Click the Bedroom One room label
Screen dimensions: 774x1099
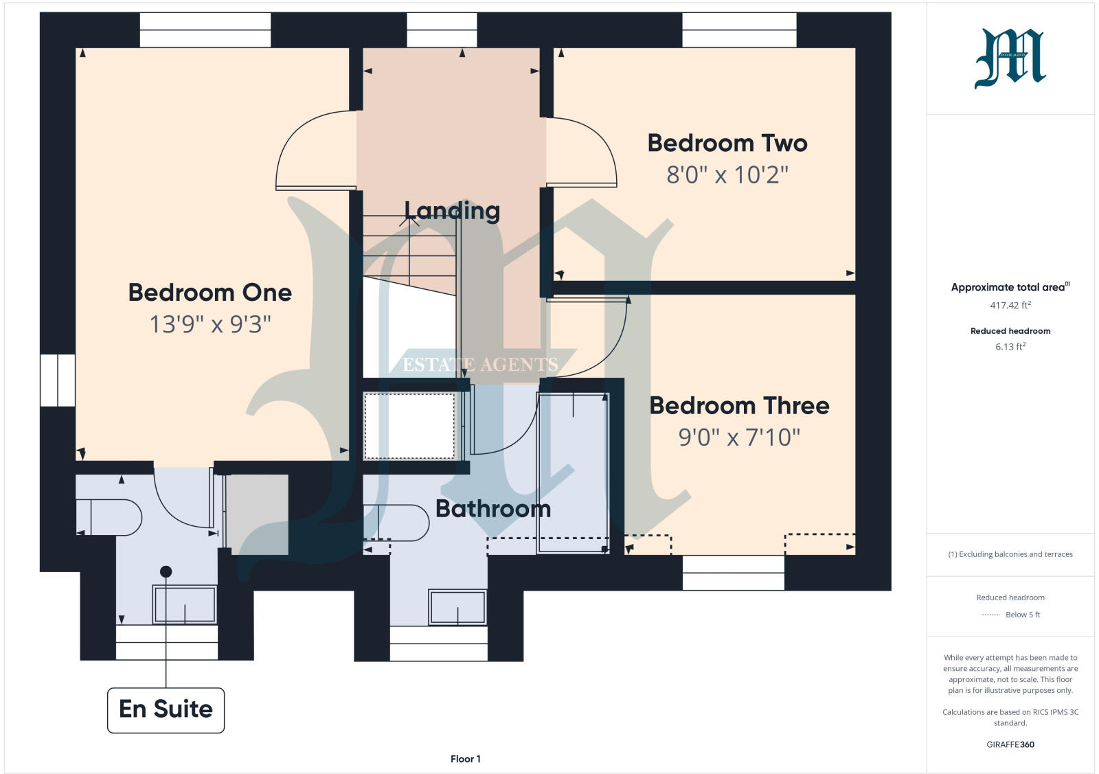pyautogui.click(x=210, y=293)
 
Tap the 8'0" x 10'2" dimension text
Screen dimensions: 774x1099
pyautogui.click(x=727, y=175)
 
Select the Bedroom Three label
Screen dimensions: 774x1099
pyautogui.click(x=739, y=406)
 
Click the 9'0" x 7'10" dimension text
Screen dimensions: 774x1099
pyautogui.click(x=739, y=437)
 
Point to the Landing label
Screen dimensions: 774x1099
pyautogui.click(x=452, y=211)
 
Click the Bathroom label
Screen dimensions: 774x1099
pyautogui.click(x=493, y=509)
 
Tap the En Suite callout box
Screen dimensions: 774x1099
pyautogui.click(x=166, y=709)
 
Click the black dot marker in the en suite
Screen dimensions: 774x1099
pyautogui.click(x=166, y=571)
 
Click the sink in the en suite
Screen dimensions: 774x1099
pyautogui.click(x=184, y=604)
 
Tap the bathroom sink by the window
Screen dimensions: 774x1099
pyautogui.click(x=457, y=607)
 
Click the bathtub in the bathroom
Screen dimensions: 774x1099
pyautogui.click(x=573, y=473)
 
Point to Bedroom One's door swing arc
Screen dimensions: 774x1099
pyautogui.click(x=313, y=151)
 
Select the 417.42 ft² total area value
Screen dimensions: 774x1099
pyautogui.click(x=1010, y=306)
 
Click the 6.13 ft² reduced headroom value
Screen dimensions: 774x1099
pyautogui.click(x=1010, y=347)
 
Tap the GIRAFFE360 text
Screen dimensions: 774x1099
pyautogui.click(x=1010, y=744)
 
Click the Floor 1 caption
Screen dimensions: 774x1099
pyautogui.click(x=465, y=759)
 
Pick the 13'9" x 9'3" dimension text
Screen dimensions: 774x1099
pyautogui.click(x=210, y=324)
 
